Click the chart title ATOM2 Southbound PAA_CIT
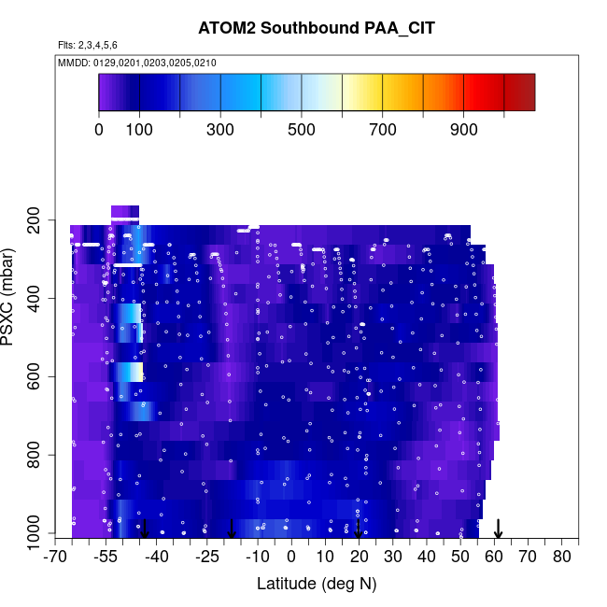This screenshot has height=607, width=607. pos(317,28)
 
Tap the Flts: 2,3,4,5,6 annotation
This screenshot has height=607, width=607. pos(88,45)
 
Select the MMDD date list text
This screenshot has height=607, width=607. pos(137,63)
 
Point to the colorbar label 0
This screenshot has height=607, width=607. pos(99,130)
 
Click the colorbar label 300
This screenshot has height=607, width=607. pos(220,130)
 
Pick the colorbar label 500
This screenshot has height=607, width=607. pos(302,130)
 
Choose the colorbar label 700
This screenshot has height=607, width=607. pos(383,130)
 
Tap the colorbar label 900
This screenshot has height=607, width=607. pos(464,130)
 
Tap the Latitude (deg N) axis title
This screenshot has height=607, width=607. pos(317,585)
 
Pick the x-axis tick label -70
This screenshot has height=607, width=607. pos(56,558)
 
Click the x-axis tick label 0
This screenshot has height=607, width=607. pos(291,558)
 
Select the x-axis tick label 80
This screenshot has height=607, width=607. pos(561,558)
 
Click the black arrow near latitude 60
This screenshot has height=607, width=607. pos(499,529)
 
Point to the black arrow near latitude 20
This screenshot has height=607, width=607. pos(359,529)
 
